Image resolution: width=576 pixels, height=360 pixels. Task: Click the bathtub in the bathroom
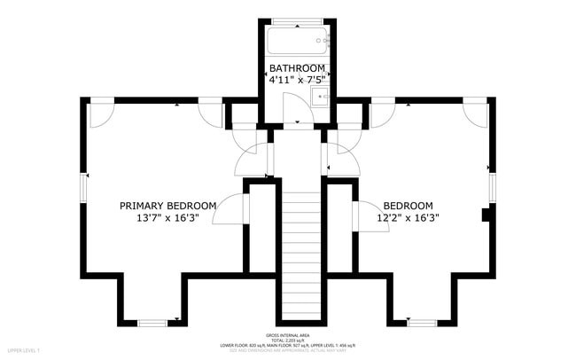298,41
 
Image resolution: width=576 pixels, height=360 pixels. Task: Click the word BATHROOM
298,67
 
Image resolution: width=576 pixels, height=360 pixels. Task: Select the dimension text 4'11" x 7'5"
298,80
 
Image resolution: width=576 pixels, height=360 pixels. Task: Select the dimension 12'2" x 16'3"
408,217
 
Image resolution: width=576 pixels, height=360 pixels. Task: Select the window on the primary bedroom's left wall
85,188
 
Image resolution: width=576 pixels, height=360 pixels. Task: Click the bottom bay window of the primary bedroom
152,321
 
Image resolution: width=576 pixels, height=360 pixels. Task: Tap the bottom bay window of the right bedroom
422,321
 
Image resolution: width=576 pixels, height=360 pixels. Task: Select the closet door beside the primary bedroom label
232,213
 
